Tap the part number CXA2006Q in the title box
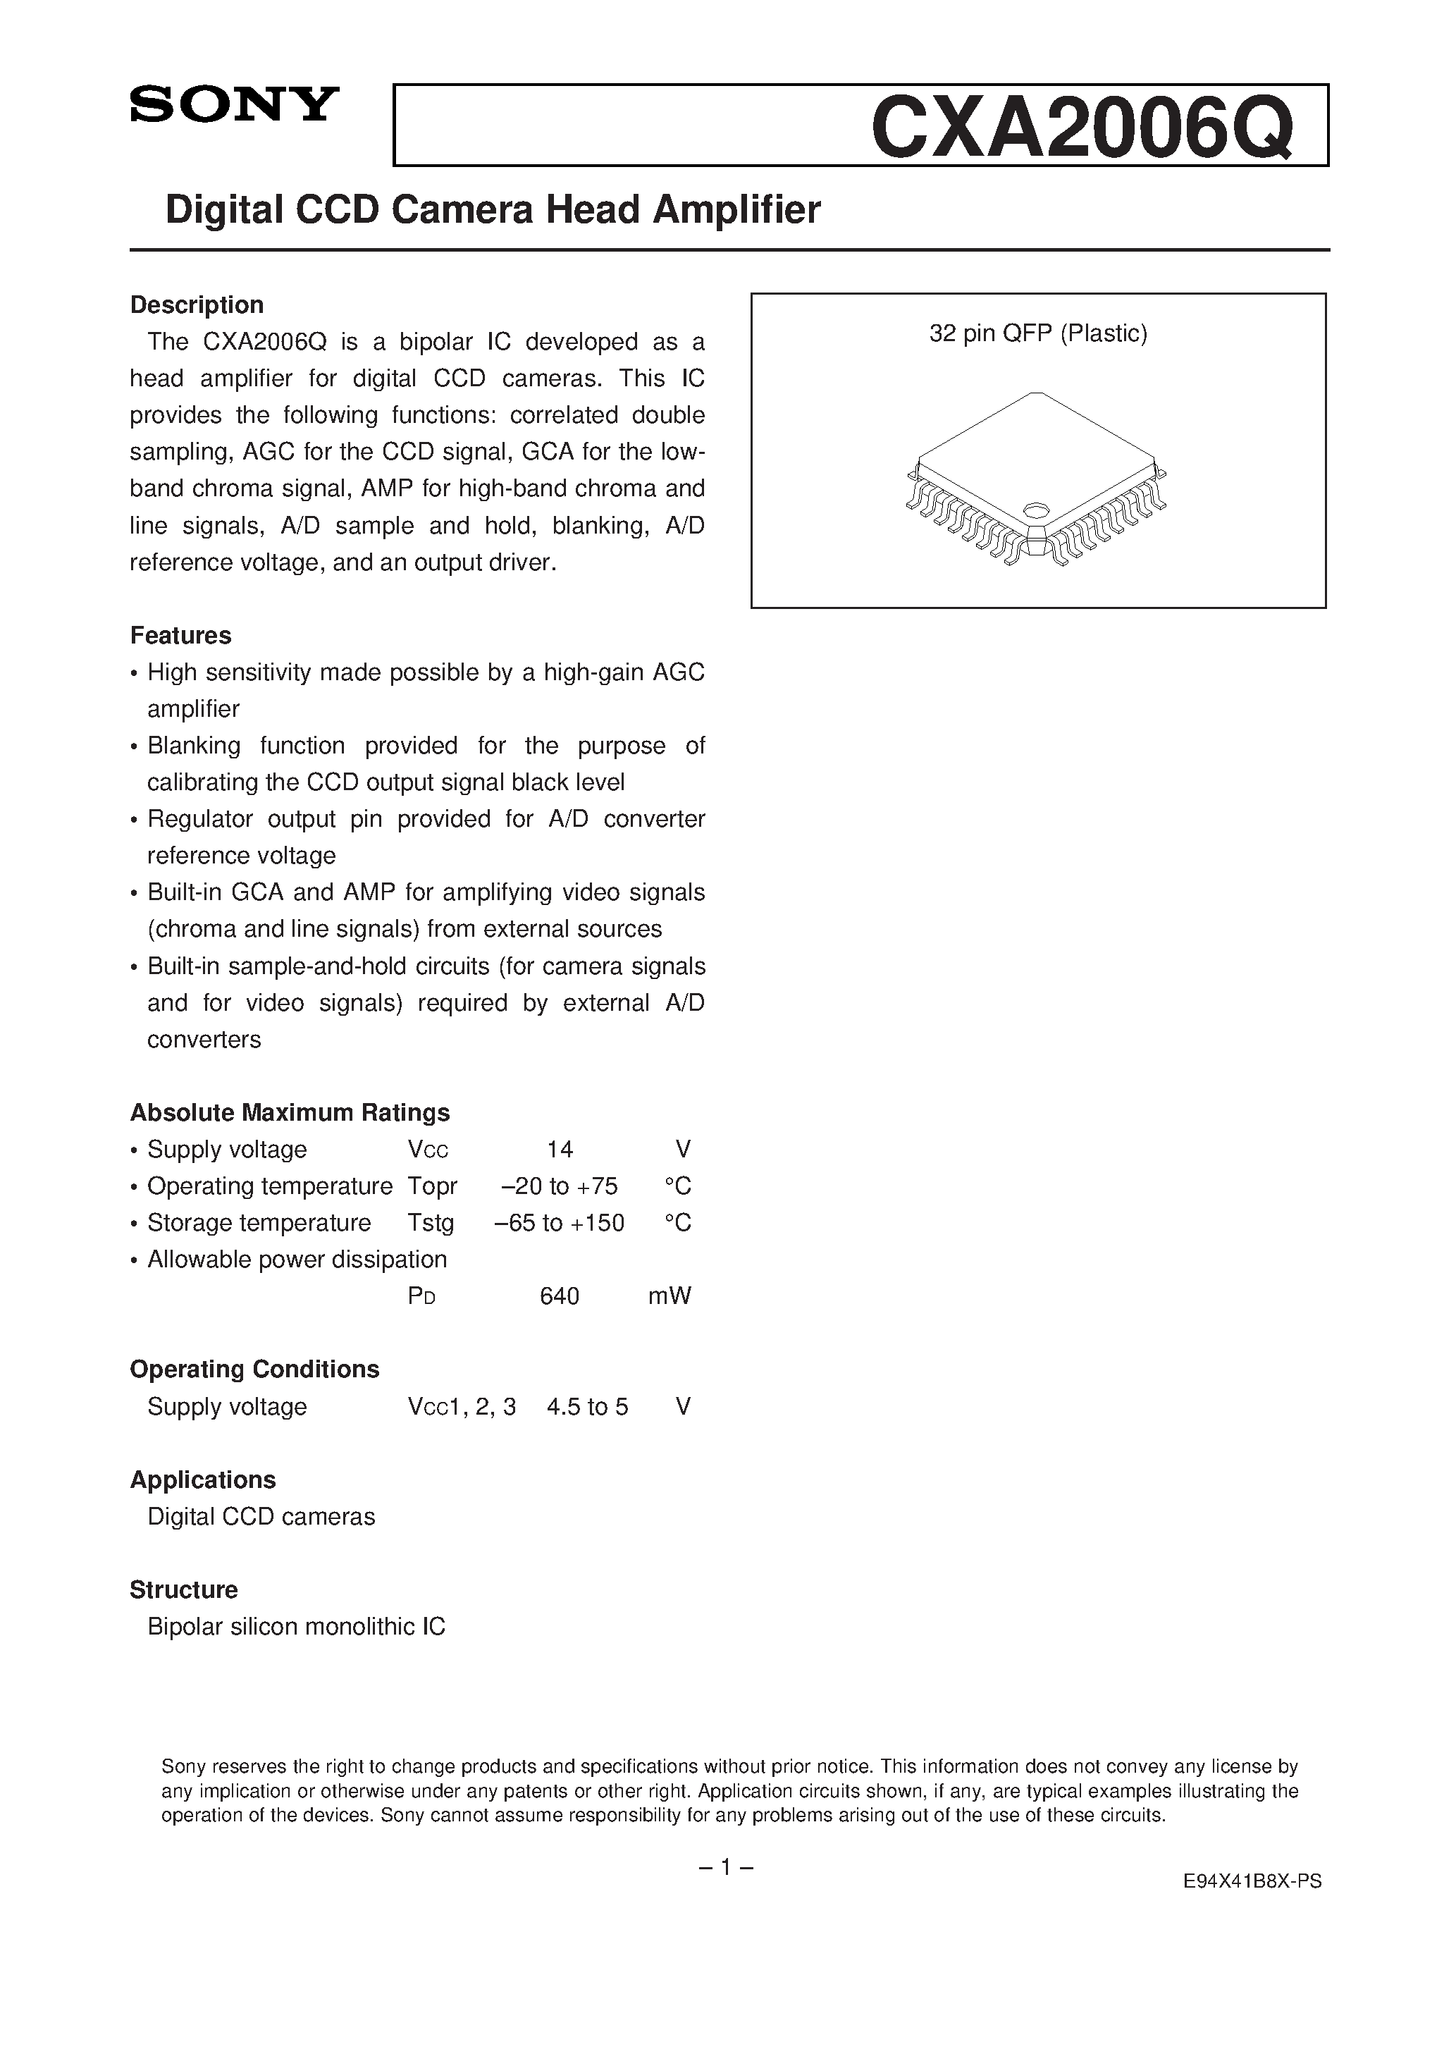[x=1082, y=128]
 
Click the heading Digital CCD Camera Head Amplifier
[x=493, y=210]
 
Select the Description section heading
[x=197, y=305]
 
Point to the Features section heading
[x=180, y=636]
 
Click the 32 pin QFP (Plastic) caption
[x=1037, y=334]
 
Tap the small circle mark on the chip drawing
[x=1035, y=510]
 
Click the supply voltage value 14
[x=560, y=1149]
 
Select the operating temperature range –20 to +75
[x=560, y=1186]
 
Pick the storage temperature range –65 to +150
[x=560, y=1223]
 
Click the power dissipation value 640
[x=560, y=1296]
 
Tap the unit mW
[x=670, y=1296]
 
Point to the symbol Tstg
[x=431, y=1223]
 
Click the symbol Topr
[x=433, y=1186]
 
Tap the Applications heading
[x=203, y=1479]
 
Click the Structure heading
[x=184, y=1589]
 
